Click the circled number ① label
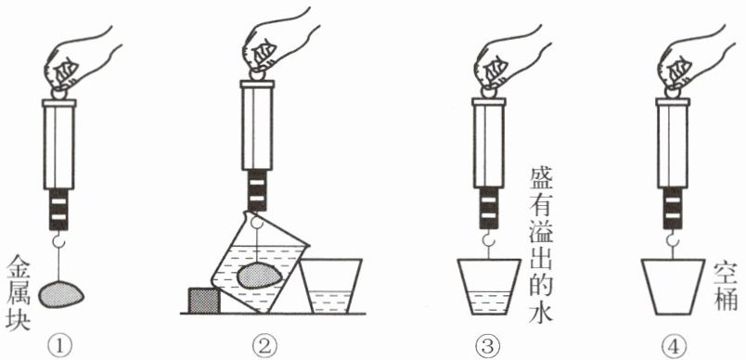point(60,344)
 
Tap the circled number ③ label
point(487,344)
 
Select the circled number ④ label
point(673,344)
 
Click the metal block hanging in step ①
point(61,294)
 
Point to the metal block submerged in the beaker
point(259,275)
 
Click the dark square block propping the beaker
point(204,301)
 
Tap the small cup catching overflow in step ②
point(330,286)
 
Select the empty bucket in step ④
point(673,287)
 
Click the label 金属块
point(18,291)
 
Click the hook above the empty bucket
point(672,240)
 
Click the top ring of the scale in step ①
point(59,93)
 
